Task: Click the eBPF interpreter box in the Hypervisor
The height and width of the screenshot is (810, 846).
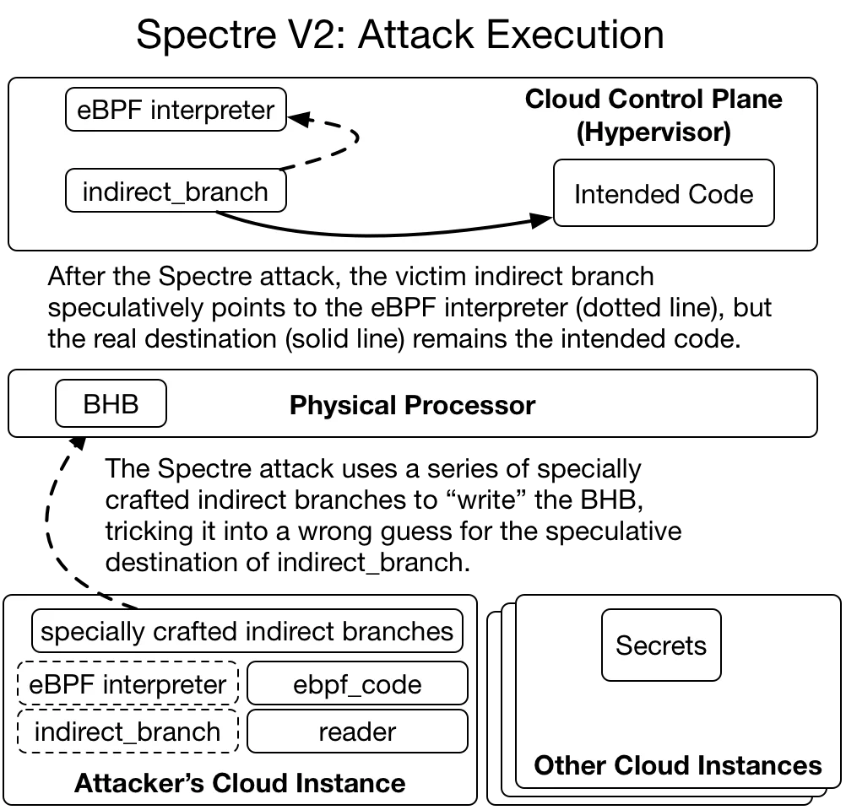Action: (176, 111)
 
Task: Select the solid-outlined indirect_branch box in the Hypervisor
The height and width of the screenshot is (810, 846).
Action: (176, 192)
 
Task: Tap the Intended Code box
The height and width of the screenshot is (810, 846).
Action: (663, 194)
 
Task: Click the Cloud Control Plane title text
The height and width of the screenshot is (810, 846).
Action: (653, 99)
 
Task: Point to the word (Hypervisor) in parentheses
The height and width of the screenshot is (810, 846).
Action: (653, 132)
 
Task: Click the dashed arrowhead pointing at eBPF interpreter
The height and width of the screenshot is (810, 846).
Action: (298, 120)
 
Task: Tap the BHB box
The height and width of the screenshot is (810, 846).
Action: (111, 404)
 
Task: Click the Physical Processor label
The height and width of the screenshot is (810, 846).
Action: (412, 405)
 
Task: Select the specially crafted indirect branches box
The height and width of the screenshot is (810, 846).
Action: (247, 631)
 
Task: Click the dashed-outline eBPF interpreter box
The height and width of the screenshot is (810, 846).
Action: (127, 683)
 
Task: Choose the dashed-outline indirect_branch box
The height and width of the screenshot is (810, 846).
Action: (127, 732)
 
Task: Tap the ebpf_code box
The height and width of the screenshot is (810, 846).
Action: (357, 683)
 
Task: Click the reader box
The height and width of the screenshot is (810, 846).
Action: (357, 732)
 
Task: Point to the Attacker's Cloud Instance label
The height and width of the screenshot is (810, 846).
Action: (240, 783)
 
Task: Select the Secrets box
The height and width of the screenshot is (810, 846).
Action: (661, 645)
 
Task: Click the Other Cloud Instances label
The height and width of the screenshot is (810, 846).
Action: (678, 765)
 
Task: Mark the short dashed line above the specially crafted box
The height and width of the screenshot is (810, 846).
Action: (118, 601)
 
